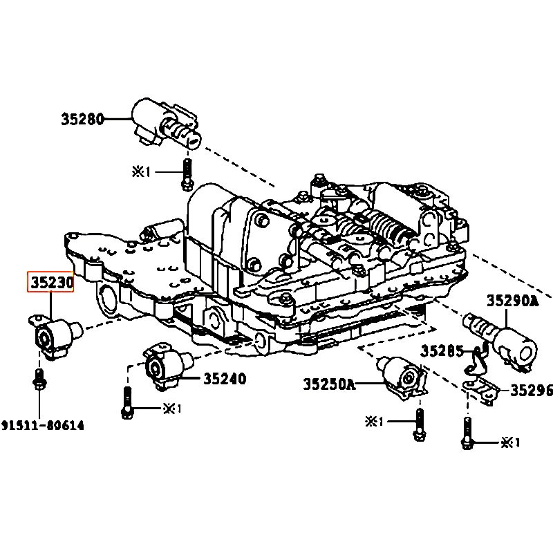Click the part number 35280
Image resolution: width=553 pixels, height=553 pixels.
[83, 119]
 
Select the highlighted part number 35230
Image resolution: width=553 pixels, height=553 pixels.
[51, 283]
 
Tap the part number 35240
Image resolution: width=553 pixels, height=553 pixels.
[225, 379]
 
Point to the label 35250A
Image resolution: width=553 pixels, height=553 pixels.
[330, 384]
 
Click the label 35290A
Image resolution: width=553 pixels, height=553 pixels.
[513, 301]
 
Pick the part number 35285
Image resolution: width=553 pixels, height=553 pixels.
[442, 351]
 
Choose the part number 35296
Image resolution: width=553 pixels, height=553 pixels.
[532, 390]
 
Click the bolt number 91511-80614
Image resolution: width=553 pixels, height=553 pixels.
[43, 425]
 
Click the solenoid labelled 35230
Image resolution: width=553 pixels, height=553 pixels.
[55, 335]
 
